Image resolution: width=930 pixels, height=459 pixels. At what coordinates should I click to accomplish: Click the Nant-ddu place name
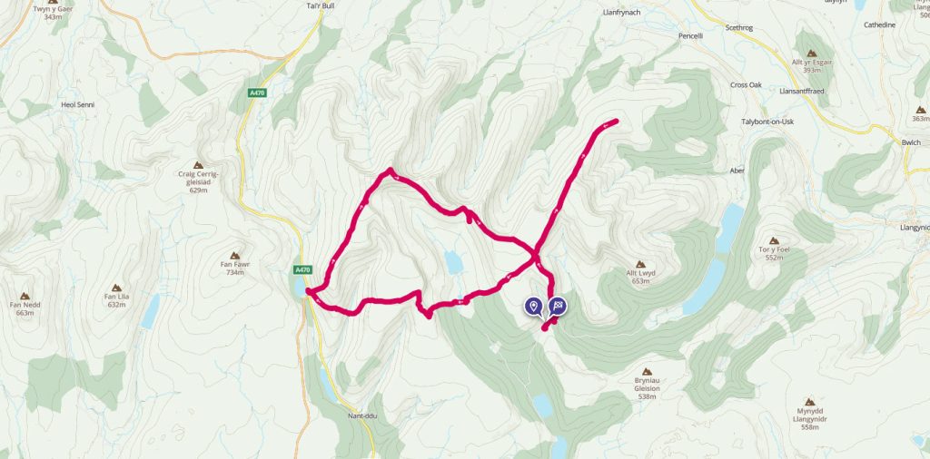(x=361, y=416)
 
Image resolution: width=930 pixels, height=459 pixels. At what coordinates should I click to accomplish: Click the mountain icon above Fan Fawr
(x=235, y=256)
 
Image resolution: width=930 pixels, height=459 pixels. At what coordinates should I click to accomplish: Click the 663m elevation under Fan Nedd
(x=25, y=312)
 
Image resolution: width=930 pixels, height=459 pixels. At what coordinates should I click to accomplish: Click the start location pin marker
(x=533, y=307)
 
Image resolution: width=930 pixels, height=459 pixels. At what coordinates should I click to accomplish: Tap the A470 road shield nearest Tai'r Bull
(x=257, y=93)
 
